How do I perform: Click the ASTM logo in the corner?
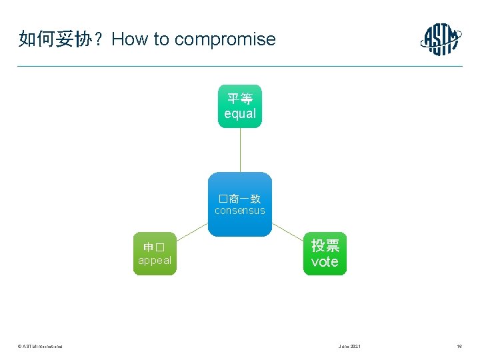point(441,39)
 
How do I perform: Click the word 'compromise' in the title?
point(225,39)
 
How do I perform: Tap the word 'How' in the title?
point(131,39)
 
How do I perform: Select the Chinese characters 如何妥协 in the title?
point(50,39)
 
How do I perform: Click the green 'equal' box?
point(240,106)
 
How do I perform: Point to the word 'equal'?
point(240,114)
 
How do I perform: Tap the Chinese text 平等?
point(240,99)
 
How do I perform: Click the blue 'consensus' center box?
point(240,205)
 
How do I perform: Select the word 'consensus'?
point(240,211)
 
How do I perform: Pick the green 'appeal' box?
point(155,253)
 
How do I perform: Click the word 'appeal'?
point(155,261)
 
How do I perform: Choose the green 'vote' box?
point(325,253)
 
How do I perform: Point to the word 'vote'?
point(325,262)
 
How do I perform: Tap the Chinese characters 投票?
point(325,245)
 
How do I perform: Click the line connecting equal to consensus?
point(240,150)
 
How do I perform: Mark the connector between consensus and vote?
point(288,231)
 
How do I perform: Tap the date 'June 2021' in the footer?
point(350,347)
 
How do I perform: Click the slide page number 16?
point(459,347)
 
